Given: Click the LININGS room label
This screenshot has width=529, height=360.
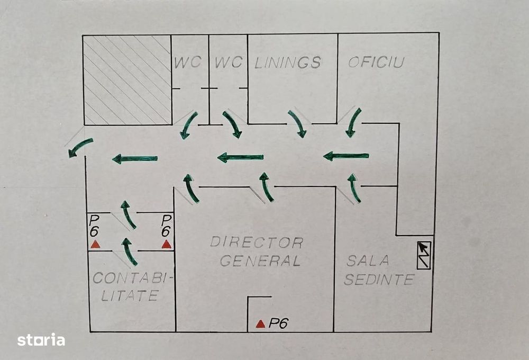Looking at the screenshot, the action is [288, 63].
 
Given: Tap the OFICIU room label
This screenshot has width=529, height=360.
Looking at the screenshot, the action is [376, 62].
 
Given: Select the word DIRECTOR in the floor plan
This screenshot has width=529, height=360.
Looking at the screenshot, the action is [257, 242].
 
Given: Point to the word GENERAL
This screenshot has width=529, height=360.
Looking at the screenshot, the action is [260, 260].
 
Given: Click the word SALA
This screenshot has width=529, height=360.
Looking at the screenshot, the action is [368, 260].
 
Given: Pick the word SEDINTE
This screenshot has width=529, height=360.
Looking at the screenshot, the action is [379, 280].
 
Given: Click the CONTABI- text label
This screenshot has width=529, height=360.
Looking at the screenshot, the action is [133, 278].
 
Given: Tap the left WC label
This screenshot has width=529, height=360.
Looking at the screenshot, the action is [188, 62].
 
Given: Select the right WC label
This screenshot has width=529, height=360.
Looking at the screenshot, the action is [229, 62].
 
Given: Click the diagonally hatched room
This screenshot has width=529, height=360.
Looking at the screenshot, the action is [127, 80].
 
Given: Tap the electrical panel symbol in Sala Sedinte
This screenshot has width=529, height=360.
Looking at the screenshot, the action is [424, 255].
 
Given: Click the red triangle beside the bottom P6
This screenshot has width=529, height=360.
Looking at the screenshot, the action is [260, 324].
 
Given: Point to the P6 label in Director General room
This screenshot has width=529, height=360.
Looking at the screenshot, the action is [278, 323].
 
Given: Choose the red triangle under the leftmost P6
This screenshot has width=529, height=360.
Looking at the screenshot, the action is [95, 244].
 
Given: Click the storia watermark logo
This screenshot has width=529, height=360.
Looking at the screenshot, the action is [41, 340].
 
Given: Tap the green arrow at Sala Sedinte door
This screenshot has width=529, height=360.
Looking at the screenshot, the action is [353, 188].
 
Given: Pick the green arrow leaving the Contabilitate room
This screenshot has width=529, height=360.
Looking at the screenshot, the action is [129, 251].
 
